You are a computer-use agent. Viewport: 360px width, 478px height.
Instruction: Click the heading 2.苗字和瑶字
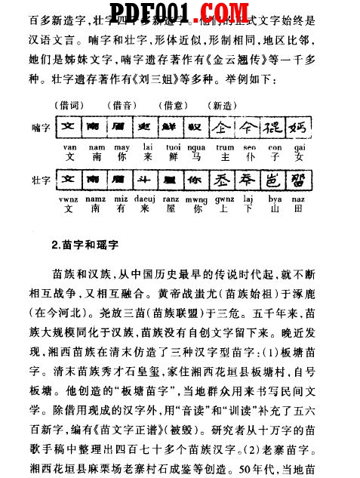[88, 245]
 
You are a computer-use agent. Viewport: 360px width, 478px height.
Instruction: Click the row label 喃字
[42, 123]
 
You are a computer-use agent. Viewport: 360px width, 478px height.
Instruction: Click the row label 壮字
[42, 181]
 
